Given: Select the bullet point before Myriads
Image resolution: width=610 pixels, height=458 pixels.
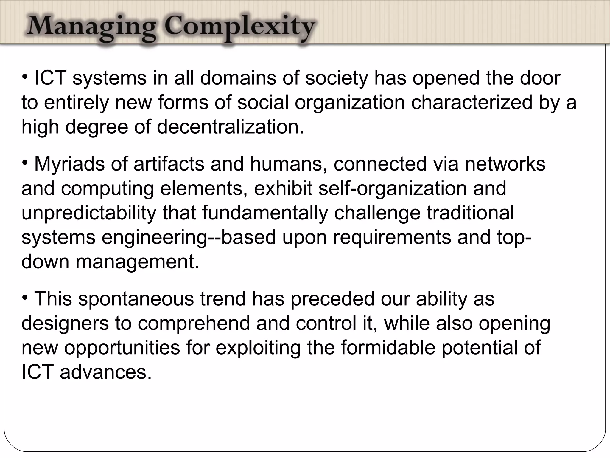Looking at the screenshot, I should [x=26, y=163].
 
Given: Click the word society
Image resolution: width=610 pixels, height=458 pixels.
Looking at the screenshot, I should [x=337, y=79].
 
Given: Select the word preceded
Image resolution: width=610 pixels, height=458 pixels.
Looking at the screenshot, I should [x=332, y=299].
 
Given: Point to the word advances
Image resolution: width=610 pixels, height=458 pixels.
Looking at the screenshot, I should [x=106, y=372].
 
